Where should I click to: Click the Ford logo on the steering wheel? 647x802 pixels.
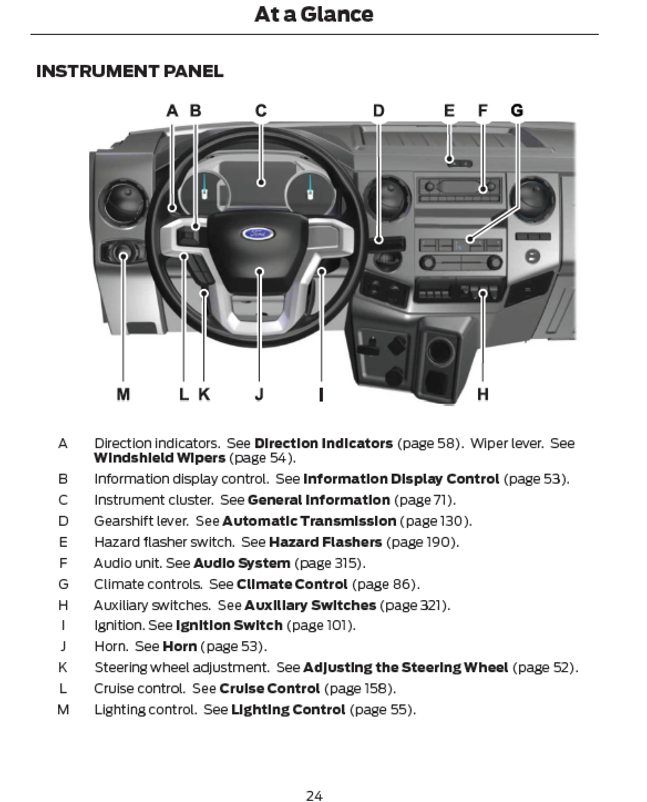(258, 234)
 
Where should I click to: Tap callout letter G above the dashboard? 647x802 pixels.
(516, 111)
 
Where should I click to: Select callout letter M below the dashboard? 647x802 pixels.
(123, 394)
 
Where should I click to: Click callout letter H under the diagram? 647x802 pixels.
(482, 394)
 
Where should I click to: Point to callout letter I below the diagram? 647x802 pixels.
(321, 394)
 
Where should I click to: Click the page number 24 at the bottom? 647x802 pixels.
(314, 796)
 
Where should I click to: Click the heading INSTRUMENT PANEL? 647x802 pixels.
(130, 72)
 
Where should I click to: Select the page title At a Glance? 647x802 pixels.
(314, 14)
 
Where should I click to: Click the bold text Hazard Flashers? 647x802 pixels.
(325, 542)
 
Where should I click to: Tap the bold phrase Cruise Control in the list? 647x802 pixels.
(269, 688)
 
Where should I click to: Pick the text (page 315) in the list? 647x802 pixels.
(330, 563)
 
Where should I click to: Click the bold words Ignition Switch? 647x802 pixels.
(229, 625)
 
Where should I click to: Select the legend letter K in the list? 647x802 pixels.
(63, 667)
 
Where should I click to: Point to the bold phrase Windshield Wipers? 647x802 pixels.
(160, 458)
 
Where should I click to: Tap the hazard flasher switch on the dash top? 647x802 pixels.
(459, 163)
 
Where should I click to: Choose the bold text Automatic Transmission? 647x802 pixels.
(309, 521)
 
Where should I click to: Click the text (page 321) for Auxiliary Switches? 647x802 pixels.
(415, 605)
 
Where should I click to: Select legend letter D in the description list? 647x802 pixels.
(63, 521)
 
